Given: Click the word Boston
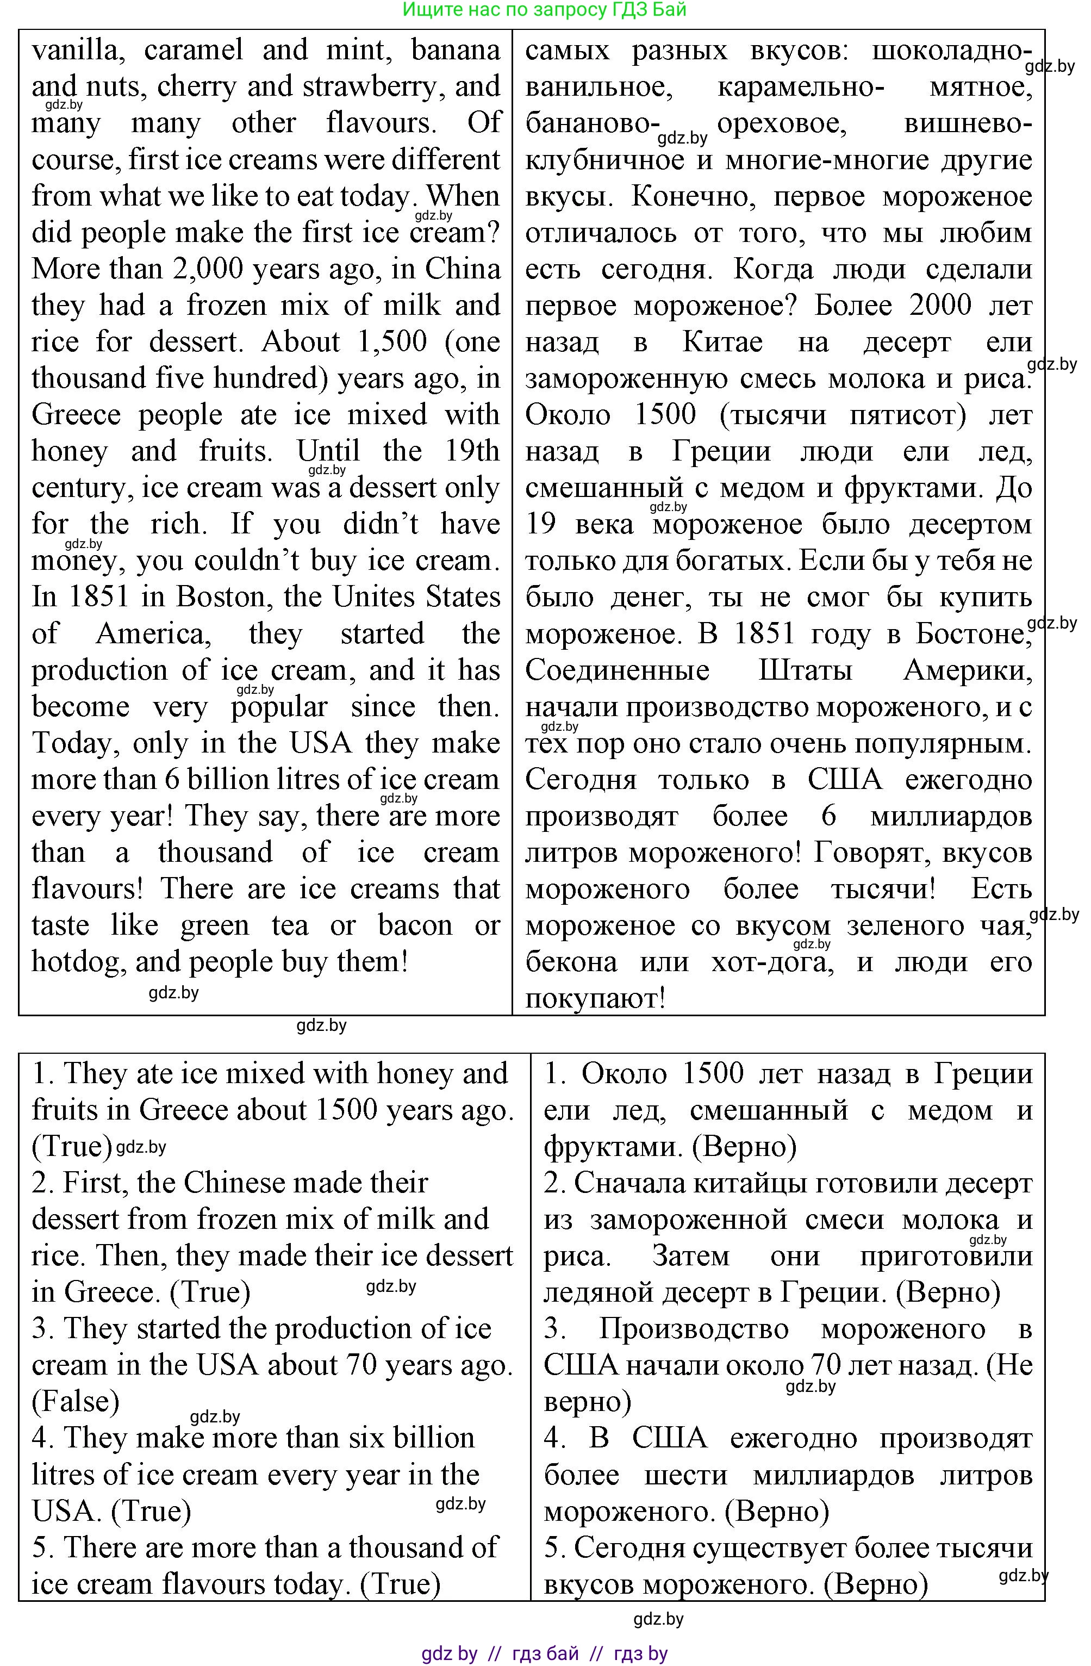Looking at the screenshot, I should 219,597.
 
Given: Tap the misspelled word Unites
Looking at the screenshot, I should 378,597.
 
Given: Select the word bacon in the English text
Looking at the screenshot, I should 415,925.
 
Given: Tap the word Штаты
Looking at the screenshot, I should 806,670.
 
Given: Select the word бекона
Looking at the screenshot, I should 571,962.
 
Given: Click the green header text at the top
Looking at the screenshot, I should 545,10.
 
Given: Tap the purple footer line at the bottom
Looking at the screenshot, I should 545,1653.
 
